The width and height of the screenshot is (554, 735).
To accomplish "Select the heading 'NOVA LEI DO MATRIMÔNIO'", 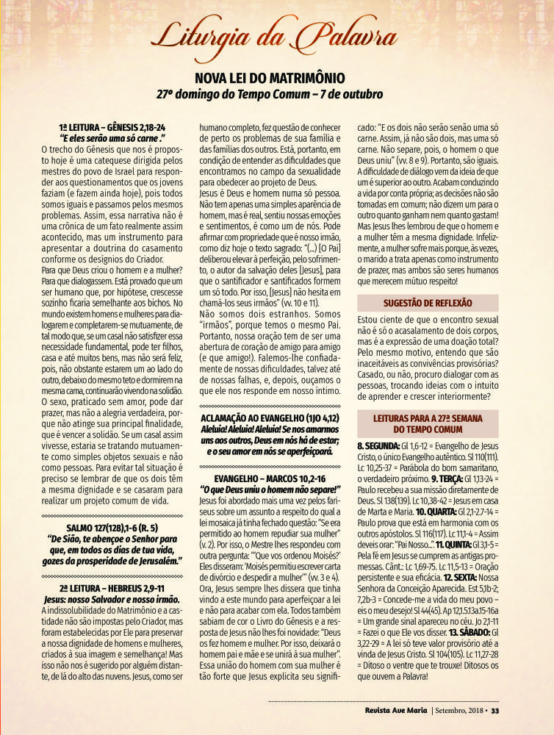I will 277,78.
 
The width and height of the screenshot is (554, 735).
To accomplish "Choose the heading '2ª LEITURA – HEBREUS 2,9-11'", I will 111,589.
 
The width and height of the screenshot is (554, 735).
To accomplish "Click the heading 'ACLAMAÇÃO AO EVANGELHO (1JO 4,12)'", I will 268,417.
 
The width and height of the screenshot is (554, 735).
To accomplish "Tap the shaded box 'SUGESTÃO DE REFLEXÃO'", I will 427,302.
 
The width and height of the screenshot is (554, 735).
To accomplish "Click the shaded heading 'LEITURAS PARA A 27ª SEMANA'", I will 427,418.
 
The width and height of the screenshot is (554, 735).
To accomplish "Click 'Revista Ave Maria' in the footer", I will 396,710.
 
